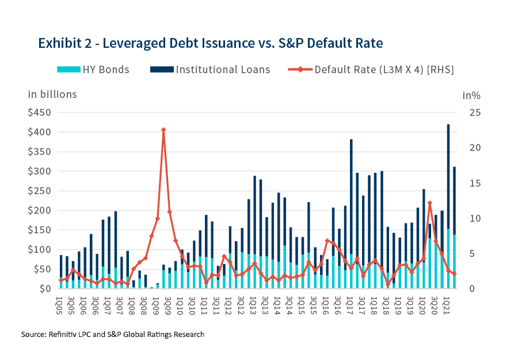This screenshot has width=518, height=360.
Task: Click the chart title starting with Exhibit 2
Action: tap(210, 43)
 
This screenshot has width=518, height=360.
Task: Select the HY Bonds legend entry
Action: tap(93, 70)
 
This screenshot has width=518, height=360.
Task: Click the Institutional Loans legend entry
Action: tap(210, 70)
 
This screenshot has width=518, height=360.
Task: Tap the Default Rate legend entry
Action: tap(371, 70)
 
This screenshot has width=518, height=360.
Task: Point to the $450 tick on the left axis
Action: tap(39, 112)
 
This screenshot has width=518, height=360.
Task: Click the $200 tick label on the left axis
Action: tap(39, 210)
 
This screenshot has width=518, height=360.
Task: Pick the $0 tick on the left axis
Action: tap(45, 289)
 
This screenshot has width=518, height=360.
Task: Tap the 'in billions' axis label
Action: tap(52, 94)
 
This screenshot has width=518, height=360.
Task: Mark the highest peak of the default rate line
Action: tap(163, 130)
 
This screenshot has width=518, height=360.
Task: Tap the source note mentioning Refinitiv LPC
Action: tap(113, 334)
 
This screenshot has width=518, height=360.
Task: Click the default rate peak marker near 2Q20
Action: tap(430, 203)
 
